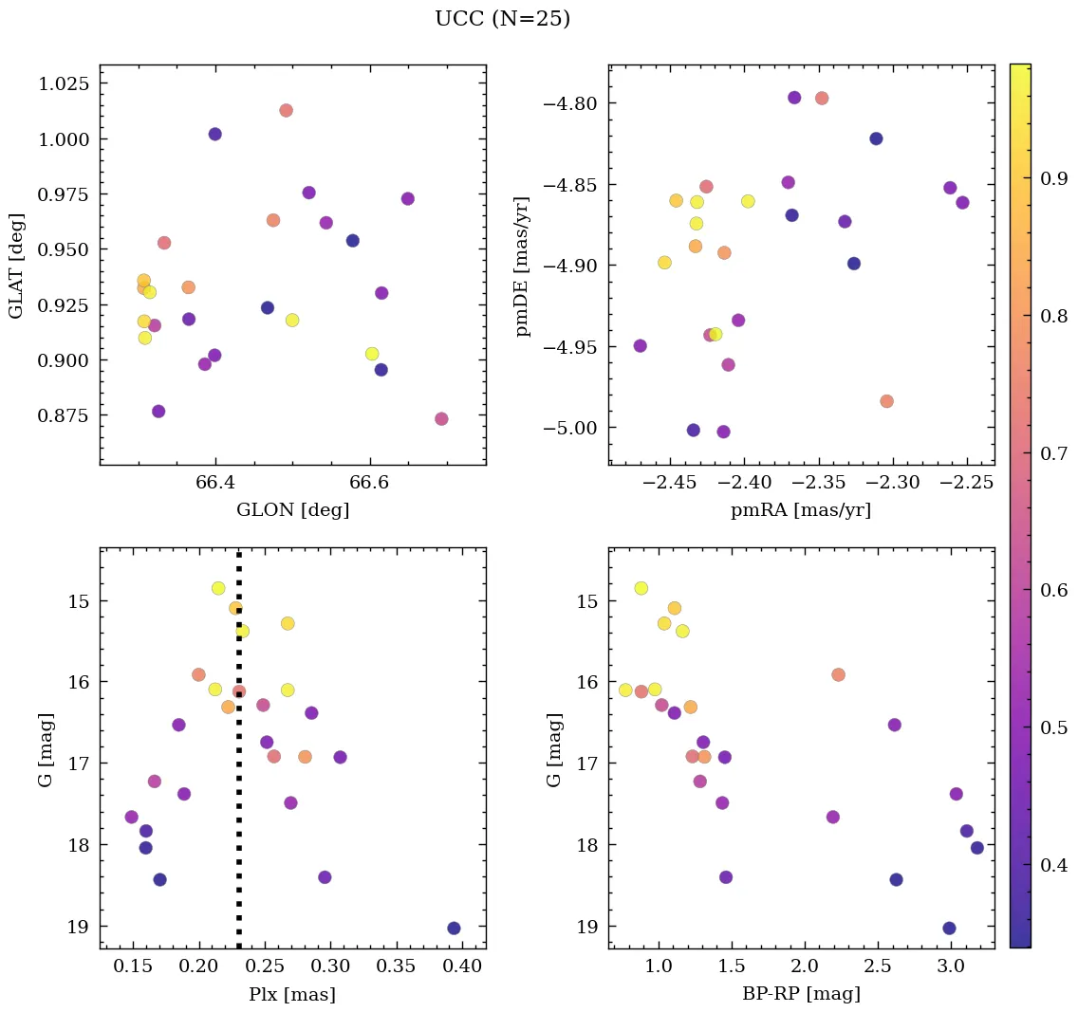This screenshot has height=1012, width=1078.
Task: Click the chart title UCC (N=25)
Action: coord(502,19)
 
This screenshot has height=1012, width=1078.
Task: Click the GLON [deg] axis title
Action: coord(292,510)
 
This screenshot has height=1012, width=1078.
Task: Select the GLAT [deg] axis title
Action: coord(16,265)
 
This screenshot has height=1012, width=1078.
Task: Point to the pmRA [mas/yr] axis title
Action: coord(801,510)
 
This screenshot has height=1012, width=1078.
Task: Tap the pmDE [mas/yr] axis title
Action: coord(522,265)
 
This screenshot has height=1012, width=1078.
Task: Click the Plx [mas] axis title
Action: coord(292,994)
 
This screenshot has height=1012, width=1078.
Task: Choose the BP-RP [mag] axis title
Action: coord(801,994)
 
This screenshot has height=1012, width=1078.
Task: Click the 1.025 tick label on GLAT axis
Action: coord(64,83)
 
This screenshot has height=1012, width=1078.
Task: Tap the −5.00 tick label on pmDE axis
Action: coord(568,428)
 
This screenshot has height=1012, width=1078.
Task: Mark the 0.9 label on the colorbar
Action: coord(1054,178)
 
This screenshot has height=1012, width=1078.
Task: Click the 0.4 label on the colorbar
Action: coord(1054,865)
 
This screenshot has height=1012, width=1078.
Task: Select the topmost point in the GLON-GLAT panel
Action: coord(286,110)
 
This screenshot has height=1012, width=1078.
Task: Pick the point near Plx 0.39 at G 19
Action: coord(454,928)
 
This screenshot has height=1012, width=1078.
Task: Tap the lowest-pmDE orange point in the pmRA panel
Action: coord(886,401)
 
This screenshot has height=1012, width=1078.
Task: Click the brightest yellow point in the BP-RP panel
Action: coord(641,588)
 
